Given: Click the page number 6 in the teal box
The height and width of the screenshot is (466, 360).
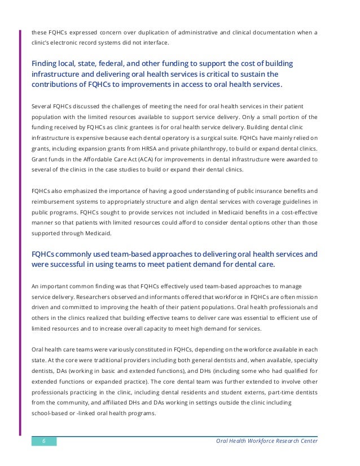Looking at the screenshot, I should click(44, 441).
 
